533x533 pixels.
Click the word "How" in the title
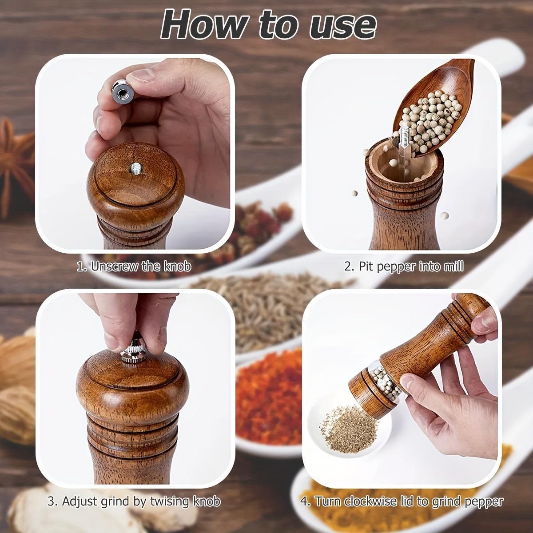tap(198, 24)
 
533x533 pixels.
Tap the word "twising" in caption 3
tap(168, 502)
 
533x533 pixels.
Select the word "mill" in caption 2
tap(454, 266)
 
